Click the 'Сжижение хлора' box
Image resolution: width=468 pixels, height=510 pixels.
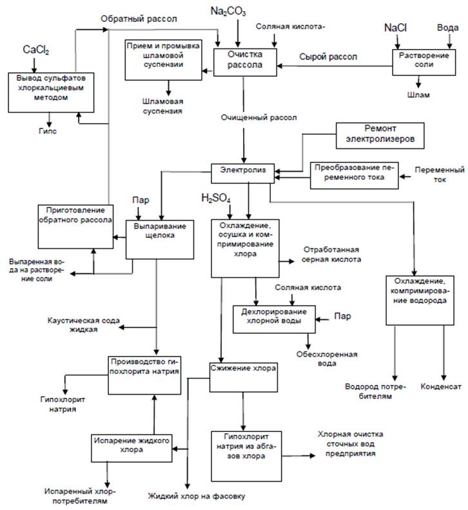coord(244,369)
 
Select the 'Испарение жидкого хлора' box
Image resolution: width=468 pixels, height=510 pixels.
coord(132,446)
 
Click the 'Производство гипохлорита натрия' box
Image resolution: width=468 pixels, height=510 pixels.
coord(144,368)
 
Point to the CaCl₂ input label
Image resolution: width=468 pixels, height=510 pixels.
coord(37,50)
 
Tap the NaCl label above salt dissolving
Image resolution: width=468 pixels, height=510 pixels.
coord(395,28)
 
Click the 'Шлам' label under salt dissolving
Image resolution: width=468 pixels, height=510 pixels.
coord(419,95)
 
